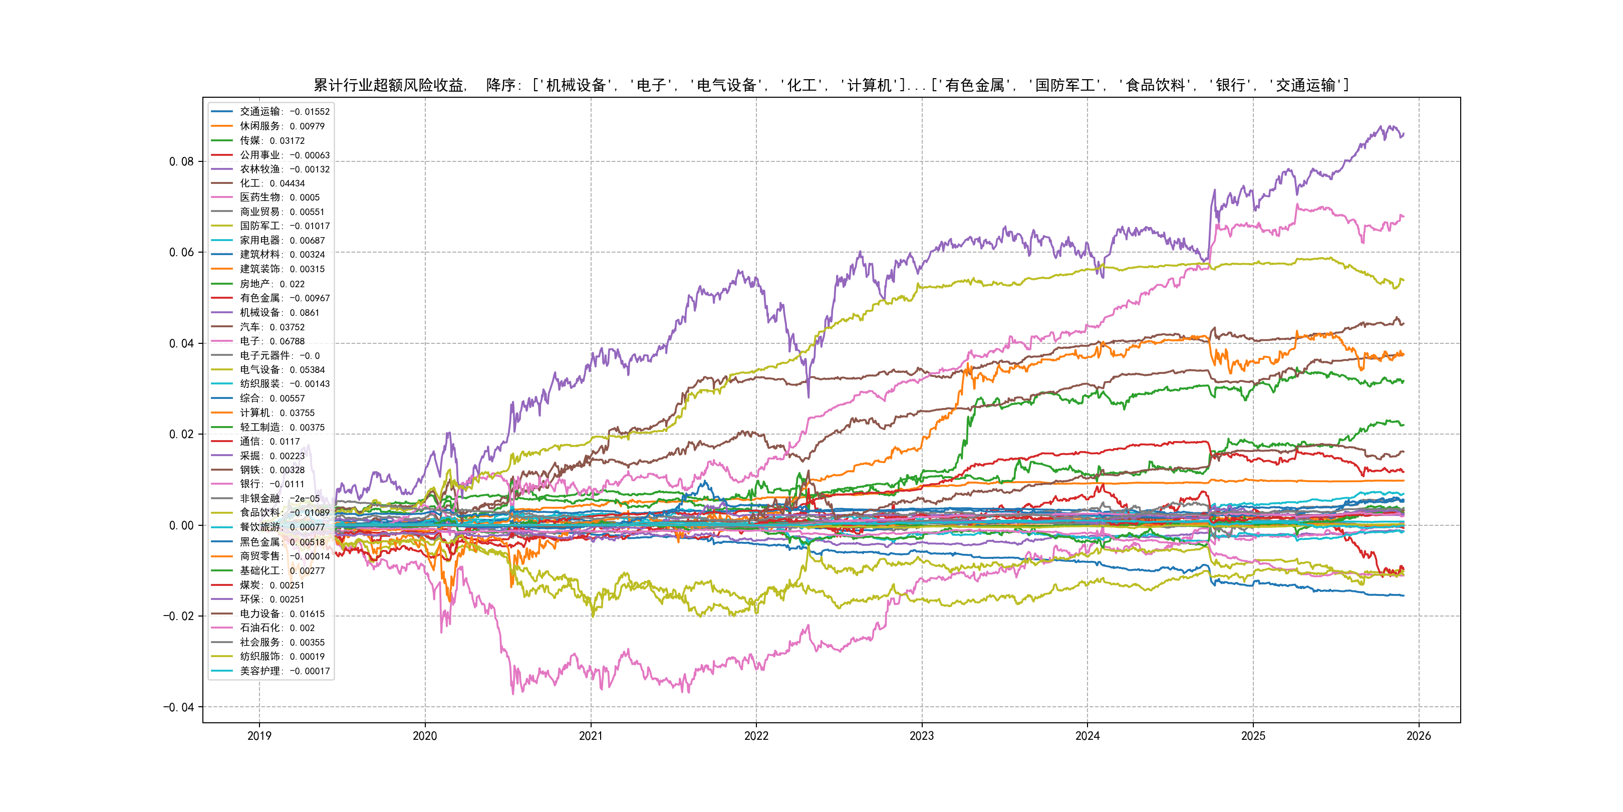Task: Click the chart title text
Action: pos(831,85)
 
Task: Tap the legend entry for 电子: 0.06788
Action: pos(272,341)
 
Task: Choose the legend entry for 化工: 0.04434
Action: pos(272,183)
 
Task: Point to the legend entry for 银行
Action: pos(272,484)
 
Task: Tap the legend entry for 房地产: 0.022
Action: pos(272,284)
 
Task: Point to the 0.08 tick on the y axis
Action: pos(181,161)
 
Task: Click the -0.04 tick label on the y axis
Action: pos(178,707)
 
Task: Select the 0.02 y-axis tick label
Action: pos(181,435)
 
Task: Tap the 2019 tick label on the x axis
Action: pos(259,736)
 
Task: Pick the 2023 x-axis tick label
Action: pos(922,736)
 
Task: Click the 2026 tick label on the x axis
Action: pos(1419,736)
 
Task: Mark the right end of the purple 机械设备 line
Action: pos(1403,134)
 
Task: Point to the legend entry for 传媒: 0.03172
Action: pos(272,140)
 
